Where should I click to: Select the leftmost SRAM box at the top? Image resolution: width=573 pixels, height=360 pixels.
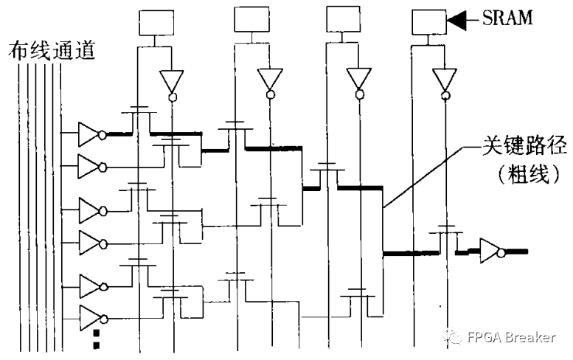(x=153, y=22)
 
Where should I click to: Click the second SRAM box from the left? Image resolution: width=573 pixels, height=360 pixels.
(x=250, y=21)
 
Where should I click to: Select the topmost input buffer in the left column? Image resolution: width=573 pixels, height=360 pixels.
(x=91, y=134)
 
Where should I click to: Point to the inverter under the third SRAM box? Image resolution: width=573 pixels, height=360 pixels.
(x=358, y=81)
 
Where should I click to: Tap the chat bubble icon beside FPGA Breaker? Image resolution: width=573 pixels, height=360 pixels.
(x=452, y=337)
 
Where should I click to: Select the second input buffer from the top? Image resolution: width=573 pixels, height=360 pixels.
(x=91, y=164)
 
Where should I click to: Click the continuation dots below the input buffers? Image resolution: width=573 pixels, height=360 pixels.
(x=96, y=339)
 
